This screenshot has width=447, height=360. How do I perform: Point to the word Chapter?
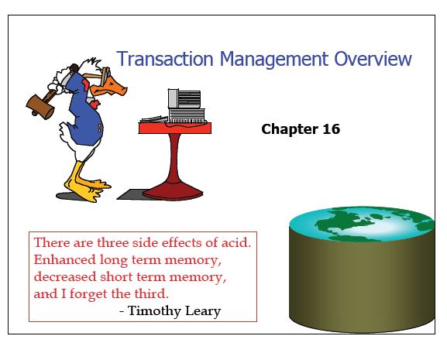289,129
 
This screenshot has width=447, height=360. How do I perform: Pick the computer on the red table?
184,105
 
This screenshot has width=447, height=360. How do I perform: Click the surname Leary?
202,311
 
